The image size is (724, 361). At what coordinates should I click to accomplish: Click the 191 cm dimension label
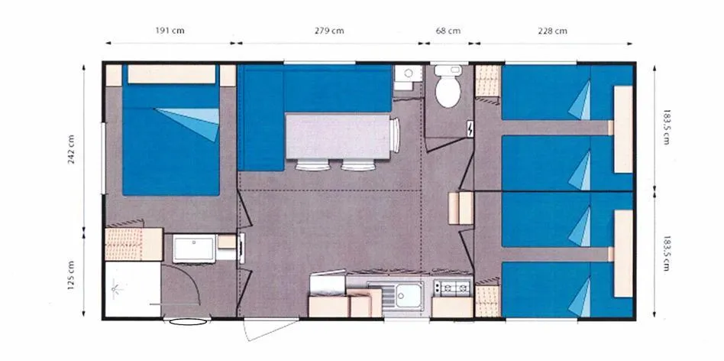[170, 31]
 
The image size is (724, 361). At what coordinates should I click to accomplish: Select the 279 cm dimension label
[329, 31]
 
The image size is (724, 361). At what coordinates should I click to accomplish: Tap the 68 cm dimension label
[448, 31]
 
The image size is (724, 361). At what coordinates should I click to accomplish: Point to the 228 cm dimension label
[552, 31]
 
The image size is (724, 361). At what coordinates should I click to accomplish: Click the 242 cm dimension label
[71, 150]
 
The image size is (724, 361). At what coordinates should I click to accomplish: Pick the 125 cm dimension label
[71, 275]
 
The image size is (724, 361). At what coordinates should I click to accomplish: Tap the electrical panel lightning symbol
[470, 129]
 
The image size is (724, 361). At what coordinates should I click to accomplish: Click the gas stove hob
[452, 288]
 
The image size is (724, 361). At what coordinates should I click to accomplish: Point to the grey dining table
[338, 136]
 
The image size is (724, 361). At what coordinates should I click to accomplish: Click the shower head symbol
[116, 289]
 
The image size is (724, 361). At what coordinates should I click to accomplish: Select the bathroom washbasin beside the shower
[194, 249]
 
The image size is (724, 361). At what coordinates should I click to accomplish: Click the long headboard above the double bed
[171, 74]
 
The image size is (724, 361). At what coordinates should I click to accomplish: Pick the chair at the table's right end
[395, 135]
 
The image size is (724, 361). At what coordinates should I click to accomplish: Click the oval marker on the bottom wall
[188, 321]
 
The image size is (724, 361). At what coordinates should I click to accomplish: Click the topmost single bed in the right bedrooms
[567, 93]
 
